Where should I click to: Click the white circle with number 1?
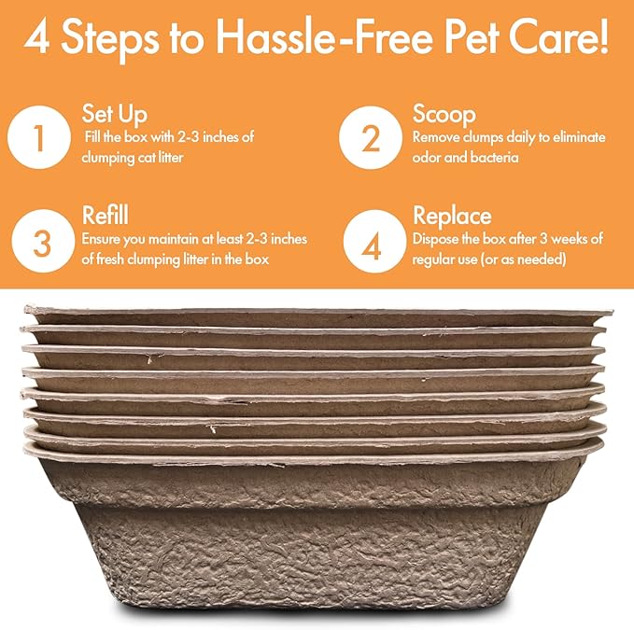click(x=38, y=140)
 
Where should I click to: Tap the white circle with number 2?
click(x=371, y=140)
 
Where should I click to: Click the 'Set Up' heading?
click(x=114, y=115)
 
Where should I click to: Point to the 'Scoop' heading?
click(x=444, y=115)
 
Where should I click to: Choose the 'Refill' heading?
click(x=105, y=216)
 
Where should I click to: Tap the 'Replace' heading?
click(x=452, y=216)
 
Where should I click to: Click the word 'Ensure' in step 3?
click(x=102, y=240)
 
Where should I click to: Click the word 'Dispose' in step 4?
click(x=437, y=240)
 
